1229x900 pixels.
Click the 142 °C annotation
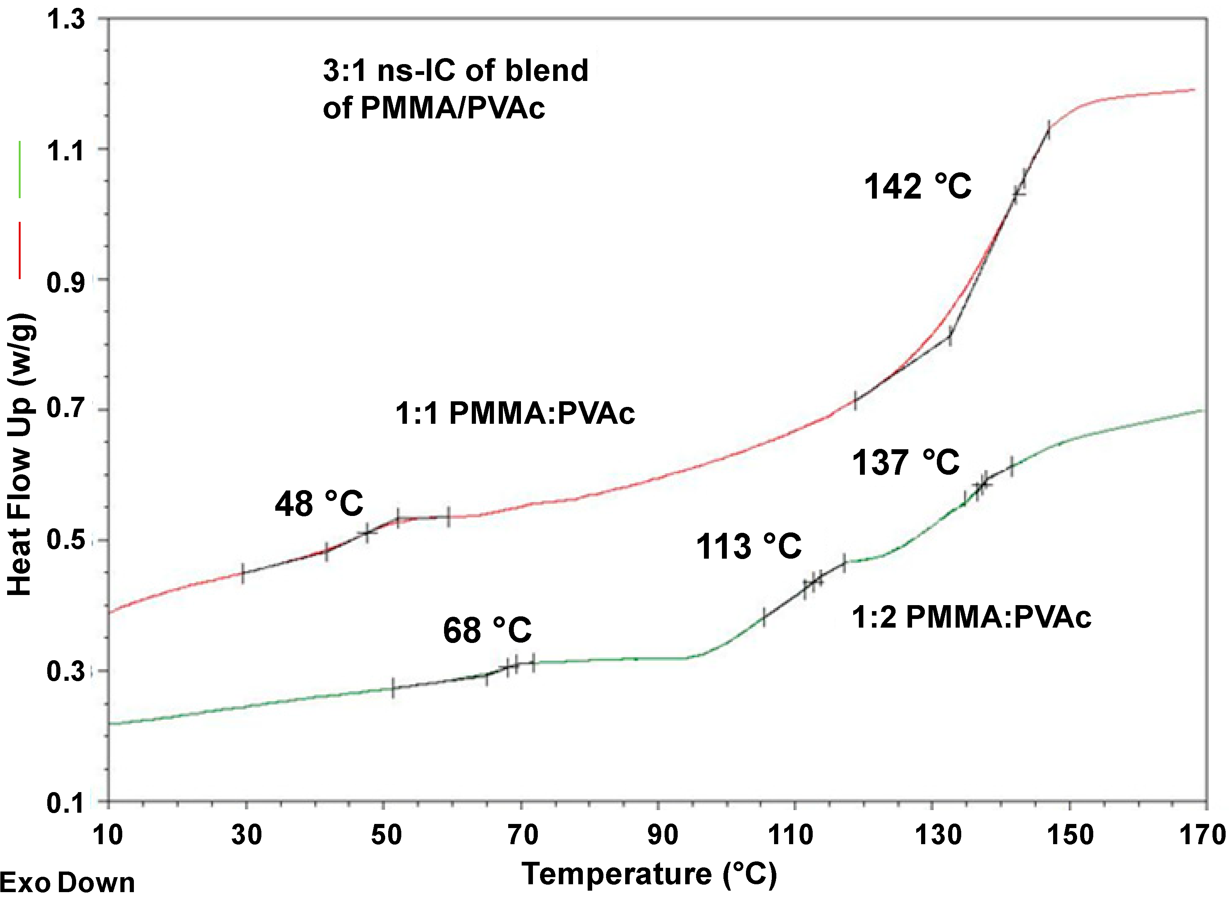tap(918, 187)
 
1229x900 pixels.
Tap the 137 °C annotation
tap(905, 463)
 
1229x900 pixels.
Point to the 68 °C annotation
tap(487, 631)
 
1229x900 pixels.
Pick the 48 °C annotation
tap(319, 504)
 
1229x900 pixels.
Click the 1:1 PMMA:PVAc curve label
tap(515, 414)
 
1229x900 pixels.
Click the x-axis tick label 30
tap(246, 835)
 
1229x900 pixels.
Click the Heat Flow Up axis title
tap(21, 455)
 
